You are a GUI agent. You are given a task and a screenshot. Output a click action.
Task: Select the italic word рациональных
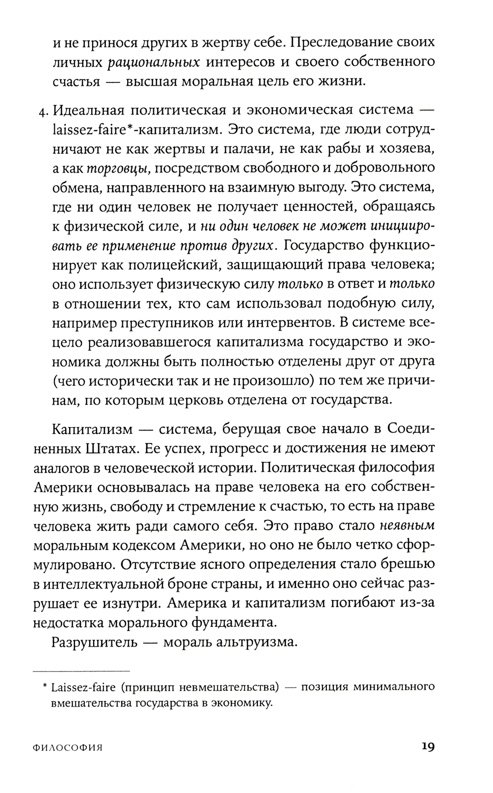151,62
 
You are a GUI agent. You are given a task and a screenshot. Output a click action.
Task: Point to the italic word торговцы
118,169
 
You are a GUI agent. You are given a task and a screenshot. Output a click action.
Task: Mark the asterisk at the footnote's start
44,685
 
